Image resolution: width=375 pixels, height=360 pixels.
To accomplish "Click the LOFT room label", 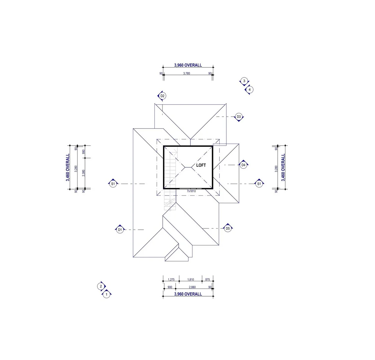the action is (201, 165).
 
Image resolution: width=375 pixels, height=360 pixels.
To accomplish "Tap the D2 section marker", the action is (162, 96).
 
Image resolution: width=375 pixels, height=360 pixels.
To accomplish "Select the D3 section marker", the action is (239, 117).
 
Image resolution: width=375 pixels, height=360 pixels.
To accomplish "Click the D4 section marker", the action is (243, 165).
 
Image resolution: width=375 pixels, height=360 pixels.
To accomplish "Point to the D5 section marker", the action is (228, 228).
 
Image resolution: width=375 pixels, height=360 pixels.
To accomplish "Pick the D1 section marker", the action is (120, 230).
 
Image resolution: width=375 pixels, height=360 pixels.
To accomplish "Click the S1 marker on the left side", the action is (113, 184).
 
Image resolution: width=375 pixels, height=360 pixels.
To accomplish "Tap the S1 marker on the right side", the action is (259, 184).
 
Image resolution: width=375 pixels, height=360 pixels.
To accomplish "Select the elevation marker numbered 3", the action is (244, 81).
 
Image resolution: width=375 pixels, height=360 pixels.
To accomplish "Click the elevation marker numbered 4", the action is (249, 90).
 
